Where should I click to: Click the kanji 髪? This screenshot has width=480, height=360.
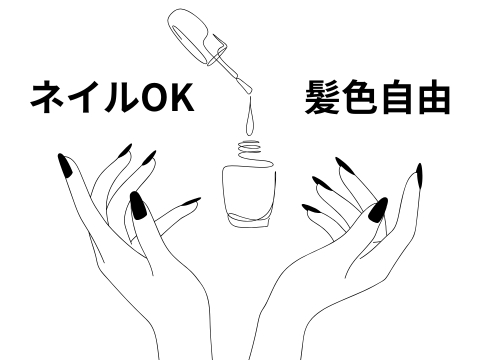[322, 97]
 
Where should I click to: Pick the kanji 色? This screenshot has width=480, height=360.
[359, 97]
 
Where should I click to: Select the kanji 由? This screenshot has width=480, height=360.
[433, 97]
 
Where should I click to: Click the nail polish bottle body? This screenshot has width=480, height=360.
[249, 195]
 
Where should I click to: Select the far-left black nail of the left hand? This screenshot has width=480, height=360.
[65, 165]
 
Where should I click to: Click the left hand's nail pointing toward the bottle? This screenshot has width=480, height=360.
[190, 202]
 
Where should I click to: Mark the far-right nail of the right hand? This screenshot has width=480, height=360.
[419, 175]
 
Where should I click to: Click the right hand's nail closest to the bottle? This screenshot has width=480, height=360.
[310, 208]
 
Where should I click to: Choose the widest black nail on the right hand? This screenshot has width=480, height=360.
[378, 210]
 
